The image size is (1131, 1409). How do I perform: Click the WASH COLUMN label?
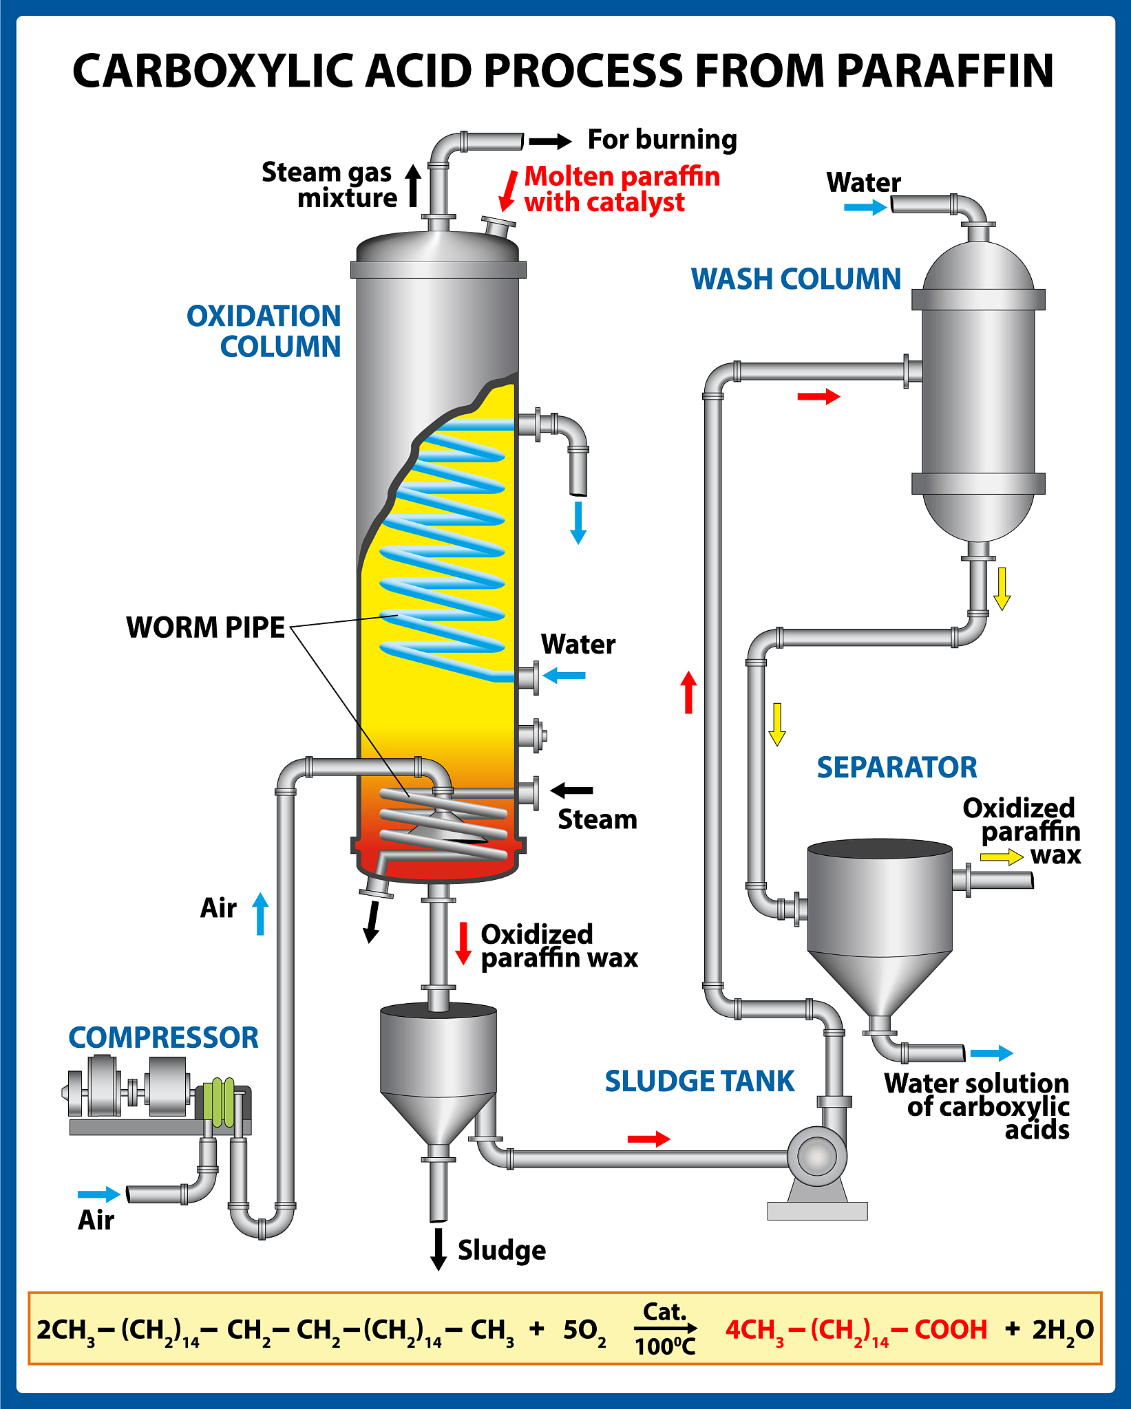(x=796, y=279)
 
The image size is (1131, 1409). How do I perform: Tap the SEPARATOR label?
(x=896, y=767)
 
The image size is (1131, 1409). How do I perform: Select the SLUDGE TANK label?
(x=699, y=1082)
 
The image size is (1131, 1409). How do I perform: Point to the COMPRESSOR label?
(x=163, y=1037)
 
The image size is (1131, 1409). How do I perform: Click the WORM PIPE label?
(x=205, y=627)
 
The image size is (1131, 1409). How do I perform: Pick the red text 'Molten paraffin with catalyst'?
(x=622, y=189)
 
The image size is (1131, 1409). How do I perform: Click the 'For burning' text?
(x=662, y=140)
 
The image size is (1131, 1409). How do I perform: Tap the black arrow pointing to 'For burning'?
(x=550, y=142)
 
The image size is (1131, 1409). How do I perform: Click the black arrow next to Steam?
(x=572, y=790)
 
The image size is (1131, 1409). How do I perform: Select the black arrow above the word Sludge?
(x=438, y=1249)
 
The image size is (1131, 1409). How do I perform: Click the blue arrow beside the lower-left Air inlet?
(x=99, y=1194)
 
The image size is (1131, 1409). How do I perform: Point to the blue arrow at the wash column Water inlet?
(x=865, y=207)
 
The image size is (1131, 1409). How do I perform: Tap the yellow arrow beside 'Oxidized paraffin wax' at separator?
(x=1002, y=857)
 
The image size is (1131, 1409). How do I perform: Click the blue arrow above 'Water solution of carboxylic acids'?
(x=991, y=1053)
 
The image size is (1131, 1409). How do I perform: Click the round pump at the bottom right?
(x=817, y=1157)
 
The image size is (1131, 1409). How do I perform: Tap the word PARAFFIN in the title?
(x=945, y=71)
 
